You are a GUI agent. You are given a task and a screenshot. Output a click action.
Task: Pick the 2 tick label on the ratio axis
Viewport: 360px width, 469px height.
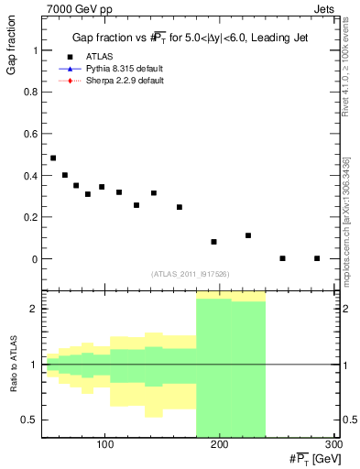pos(35,309)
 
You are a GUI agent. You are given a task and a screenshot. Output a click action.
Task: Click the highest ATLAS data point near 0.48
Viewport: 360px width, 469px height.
pos(53,158)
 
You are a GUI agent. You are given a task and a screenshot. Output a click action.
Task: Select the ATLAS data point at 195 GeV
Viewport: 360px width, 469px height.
pos(213,242)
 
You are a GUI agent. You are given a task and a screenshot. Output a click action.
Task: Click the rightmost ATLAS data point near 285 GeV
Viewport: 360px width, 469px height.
pos(317,258)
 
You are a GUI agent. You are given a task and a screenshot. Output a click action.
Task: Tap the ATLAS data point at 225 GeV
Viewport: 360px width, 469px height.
pos(248,235)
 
